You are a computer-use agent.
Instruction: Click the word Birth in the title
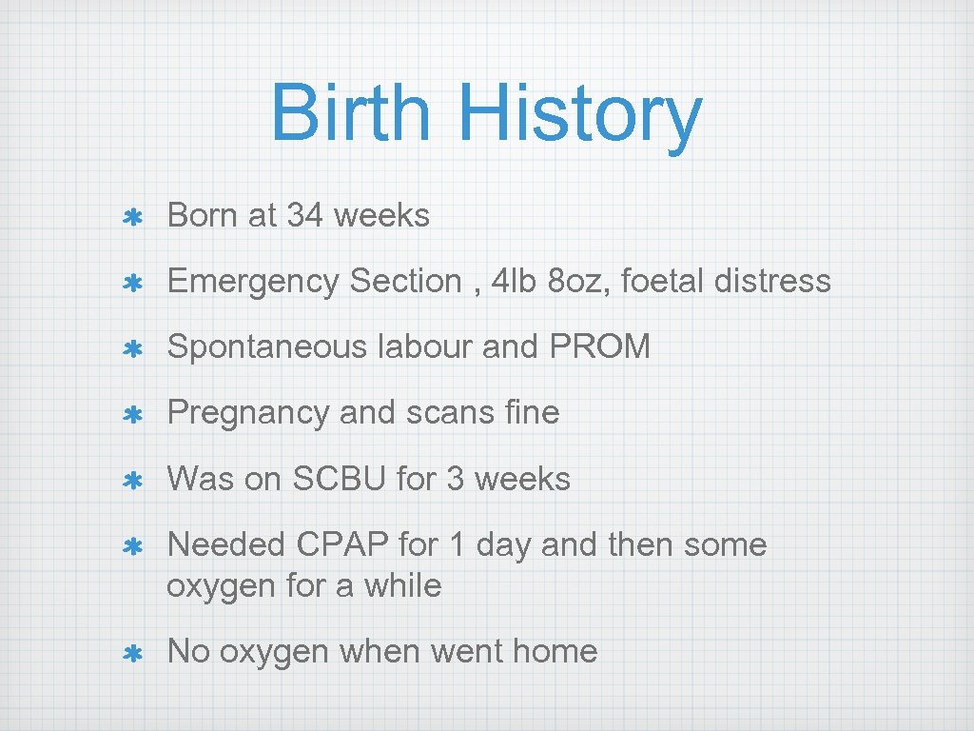click(x=350, y=113)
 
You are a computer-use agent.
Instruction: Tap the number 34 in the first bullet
click(x=304, y=216)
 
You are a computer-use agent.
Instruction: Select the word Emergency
click(x=253, y=282)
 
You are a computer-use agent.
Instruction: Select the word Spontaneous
click(x=268, y=347)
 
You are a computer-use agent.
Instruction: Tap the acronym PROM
click(x=600, y=347)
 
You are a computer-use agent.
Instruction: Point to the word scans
click(x=443, y=413)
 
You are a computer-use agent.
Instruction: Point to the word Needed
click(x=227, y=544)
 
